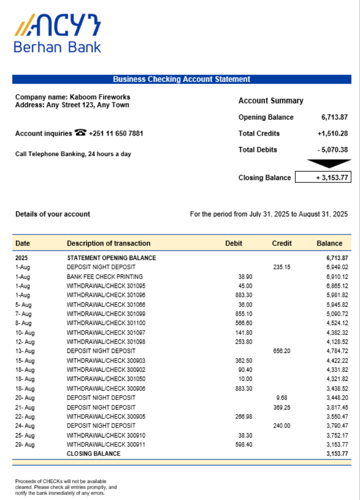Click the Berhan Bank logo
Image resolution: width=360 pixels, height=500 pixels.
(57, 33)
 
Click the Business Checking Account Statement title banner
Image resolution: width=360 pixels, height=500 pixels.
(181, 79)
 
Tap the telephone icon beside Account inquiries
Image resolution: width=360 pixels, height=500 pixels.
(80, 133)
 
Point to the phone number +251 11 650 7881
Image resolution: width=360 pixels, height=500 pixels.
(116, 133)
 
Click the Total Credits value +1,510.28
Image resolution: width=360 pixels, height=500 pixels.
(332, 133)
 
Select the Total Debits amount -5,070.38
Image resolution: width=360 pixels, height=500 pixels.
(332, 149)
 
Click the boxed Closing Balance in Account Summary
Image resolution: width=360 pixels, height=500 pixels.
(323, 177)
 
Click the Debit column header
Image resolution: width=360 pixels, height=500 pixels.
(233, 243)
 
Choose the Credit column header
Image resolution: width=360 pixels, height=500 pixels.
(281, 243)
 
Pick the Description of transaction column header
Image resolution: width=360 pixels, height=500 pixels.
(108, 243)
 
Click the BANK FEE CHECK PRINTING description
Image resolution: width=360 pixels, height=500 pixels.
(105, 276)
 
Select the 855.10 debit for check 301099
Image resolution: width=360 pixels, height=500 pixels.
(243, 313)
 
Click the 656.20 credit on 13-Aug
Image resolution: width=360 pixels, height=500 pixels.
(281, 351)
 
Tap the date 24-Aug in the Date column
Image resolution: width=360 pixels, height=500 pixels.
(23, 425)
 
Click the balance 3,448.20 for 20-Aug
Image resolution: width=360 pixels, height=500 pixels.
(337, 397)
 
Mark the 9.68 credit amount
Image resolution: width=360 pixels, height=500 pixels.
(281, 397)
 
